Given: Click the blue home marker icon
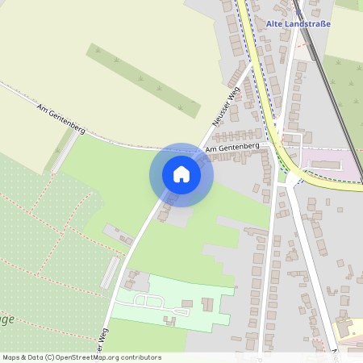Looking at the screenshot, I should (181, 174).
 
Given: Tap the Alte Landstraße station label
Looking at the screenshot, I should (298, 23).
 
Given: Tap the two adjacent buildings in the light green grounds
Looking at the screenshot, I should (207, 305).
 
